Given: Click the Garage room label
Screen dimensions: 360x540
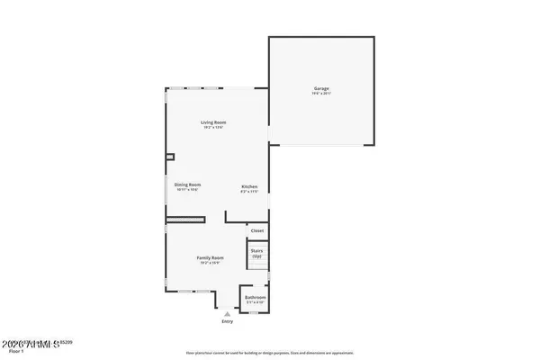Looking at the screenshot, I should (x=321, y=88).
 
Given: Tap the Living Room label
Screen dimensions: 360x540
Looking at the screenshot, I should (x=213, y=122).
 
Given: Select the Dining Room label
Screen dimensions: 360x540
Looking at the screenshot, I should (x=187, y=184).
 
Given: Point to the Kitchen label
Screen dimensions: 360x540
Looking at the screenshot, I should (x=249, y=185).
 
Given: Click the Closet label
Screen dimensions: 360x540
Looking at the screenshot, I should (x=257, y=230).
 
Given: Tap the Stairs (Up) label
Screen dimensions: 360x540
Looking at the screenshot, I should (x=256, y=254).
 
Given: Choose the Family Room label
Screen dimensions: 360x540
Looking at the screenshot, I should (x=211, y=257).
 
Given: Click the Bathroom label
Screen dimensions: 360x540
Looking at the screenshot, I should (x=256, y=297).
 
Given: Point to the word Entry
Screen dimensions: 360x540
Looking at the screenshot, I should (x=227, y=321).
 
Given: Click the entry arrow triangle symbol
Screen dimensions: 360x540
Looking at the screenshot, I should (x=227, y=314).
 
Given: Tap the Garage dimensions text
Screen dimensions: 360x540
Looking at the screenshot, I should (x=321, y=94).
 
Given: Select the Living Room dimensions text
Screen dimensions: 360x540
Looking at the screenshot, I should (x=213, y=128).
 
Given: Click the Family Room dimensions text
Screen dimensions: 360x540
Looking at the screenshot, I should (x=211, y=263).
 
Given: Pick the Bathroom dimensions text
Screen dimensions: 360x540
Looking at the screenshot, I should (x=256, y=302).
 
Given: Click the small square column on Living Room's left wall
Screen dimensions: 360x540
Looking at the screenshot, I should (x=169, y=155).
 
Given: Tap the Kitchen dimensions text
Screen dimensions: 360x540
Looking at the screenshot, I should (x=249, y=191).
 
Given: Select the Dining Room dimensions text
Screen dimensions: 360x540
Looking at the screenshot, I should (x=187, y=190).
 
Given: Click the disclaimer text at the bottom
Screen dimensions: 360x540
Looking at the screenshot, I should (x=270, y=353).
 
